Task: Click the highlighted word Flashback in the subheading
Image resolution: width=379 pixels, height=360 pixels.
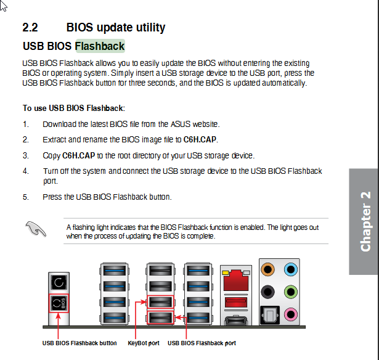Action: pos(100,46)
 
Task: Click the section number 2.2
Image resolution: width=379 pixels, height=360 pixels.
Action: pos(30,27)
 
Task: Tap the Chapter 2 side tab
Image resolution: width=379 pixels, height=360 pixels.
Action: pos(364,221)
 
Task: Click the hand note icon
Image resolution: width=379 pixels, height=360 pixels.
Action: pos(36,229)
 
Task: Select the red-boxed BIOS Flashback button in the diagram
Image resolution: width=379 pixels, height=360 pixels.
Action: pos(59,303)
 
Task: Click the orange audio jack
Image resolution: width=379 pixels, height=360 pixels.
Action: pos(268,269)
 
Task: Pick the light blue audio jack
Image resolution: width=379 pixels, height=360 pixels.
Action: pos(291,269)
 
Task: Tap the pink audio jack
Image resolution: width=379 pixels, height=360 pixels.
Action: pos(291,314)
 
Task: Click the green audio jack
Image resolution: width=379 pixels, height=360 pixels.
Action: pos(291,292)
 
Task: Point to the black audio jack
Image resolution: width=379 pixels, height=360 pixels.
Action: pos(268,292)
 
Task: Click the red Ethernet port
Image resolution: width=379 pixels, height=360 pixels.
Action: pos(236,280)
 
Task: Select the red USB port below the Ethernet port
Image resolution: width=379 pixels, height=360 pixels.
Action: pos(236,302)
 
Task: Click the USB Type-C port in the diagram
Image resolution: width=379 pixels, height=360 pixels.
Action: pos(236,321)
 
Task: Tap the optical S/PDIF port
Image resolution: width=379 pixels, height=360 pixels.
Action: pos(270,315)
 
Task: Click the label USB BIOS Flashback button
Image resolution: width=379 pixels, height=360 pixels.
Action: pos(79,343)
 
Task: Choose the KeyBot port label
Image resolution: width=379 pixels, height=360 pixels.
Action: pos(144,343)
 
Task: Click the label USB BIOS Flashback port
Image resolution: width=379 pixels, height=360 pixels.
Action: pos(202,343)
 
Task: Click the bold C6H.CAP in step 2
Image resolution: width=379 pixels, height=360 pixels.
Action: pos(200,139)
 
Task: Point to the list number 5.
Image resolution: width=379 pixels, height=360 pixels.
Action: pos(26,197)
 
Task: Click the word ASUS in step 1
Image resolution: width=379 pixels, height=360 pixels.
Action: pos(181,124)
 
